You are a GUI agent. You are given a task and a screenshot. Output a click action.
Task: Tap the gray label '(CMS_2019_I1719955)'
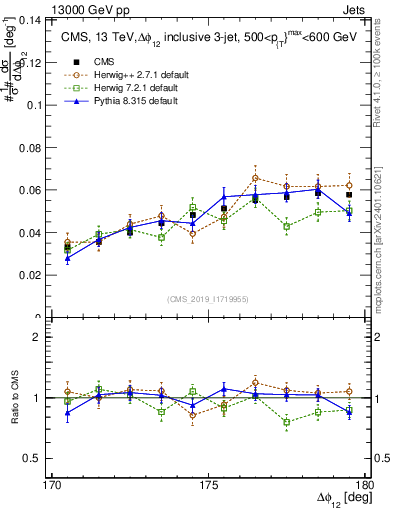(x=208, y=297)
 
